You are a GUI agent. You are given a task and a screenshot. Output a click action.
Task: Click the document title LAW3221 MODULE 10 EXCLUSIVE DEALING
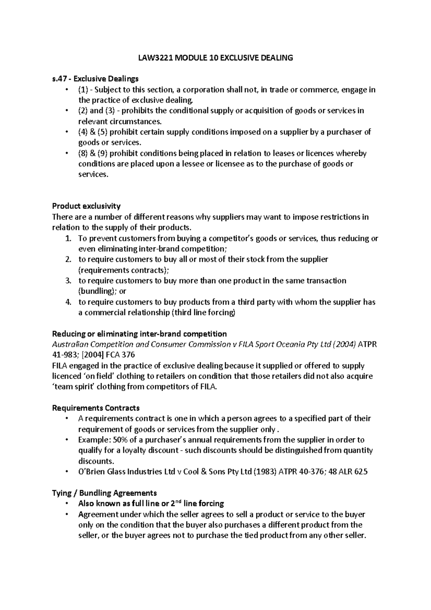(215, 57)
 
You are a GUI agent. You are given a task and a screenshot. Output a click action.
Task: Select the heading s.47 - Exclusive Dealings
(95, 79)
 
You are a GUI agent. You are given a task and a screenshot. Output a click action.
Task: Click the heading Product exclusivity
(86, 206)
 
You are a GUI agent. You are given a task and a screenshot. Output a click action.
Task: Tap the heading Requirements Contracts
(96, 408)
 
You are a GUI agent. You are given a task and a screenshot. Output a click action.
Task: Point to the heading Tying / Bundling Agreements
(105, 493)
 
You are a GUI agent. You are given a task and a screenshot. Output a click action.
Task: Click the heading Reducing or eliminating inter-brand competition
(139, 334)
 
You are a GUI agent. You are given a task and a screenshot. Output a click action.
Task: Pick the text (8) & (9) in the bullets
(93, 153)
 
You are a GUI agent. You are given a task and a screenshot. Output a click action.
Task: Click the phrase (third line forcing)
(204, 313)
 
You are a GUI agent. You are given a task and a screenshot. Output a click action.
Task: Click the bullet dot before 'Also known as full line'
(67, 504)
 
